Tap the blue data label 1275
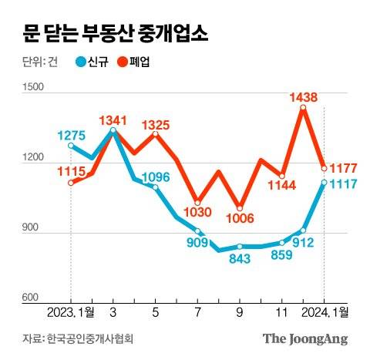72,135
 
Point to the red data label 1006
240,219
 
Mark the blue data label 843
240,258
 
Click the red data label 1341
114,120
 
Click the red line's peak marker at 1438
303,108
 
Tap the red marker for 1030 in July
198,202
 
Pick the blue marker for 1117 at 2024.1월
325,182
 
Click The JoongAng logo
304,338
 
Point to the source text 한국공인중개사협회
94,338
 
